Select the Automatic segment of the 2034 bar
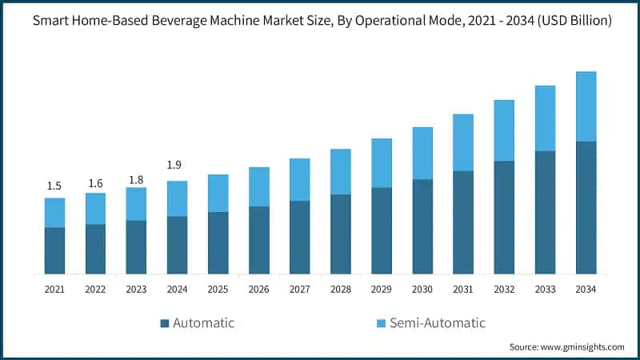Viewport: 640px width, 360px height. [586, 207]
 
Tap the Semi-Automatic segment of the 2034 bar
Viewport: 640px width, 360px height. [586, 106]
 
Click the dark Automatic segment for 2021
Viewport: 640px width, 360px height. [54, 250]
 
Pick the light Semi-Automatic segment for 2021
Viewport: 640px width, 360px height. [54, 213]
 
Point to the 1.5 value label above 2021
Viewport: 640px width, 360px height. [54, 186]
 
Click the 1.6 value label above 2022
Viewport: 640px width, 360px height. [95, 182]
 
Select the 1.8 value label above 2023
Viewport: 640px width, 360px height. [136, 179]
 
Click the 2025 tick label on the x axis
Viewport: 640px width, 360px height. [218, 288]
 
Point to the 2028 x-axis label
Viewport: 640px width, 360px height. [341, 288]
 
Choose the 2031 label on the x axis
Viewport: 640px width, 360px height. [463, 288]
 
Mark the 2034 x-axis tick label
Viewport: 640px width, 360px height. [586, 288]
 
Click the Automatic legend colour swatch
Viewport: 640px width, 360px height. [166, 323]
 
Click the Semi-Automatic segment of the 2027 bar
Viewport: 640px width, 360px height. [300, 179]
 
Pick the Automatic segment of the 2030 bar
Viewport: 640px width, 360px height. [422, 226]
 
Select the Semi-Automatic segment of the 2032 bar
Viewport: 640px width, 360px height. [505, 130]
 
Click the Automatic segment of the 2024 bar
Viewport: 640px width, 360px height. [177, 245]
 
